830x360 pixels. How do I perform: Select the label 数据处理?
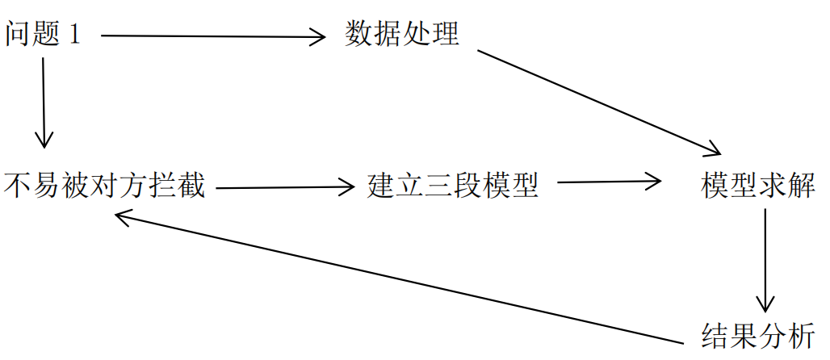(401, 35)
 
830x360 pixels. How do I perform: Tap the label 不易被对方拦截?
(104, 186)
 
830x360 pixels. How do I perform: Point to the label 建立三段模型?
(452, 186)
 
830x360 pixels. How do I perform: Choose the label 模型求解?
(758, 186)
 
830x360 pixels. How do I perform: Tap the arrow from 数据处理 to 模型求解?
(597, 102)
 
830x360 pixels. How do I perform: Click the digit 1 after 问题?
(76, 36)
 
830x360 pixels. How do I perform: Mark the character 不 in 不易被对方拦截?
(18, 186)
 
